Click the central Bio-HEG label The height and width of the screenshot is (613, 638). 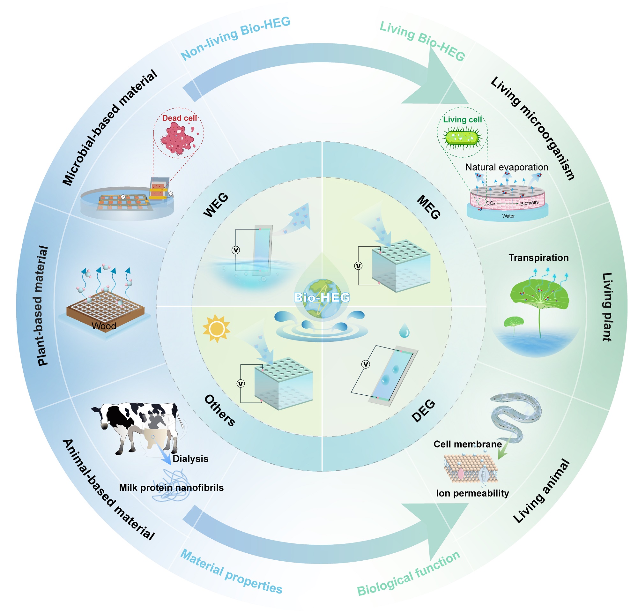pos(322,297)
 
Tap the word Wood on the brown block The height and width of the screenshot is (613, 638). pos(104,326)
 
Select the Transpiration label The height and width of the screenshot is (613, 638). pos(538,258)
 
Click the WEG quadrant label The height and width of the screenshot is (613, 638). pos(216,205)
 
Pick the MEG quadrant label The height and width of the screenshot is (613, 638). pos(429,207)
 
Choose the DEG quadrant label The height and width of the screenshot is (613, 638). pos(424,410)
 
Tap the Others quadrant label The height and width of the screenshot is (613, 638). pos(220,410)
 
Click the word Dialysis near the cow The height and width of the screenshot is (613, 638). pos(190,459)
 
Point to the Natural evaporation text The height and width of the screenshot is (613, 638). pos(507,167)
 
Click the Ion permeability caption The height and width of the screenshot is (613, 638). pos(472,493)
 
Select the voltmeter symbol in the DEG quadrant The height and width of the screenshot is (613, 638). pos(366,364)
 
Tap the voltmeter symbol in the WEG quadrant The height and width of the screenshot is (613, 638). pos(236,250)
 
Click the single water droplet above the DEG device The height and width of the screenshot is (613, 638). pos(404,331)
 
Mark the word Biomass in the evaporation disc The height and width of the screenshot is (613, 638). pos(529,203)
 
